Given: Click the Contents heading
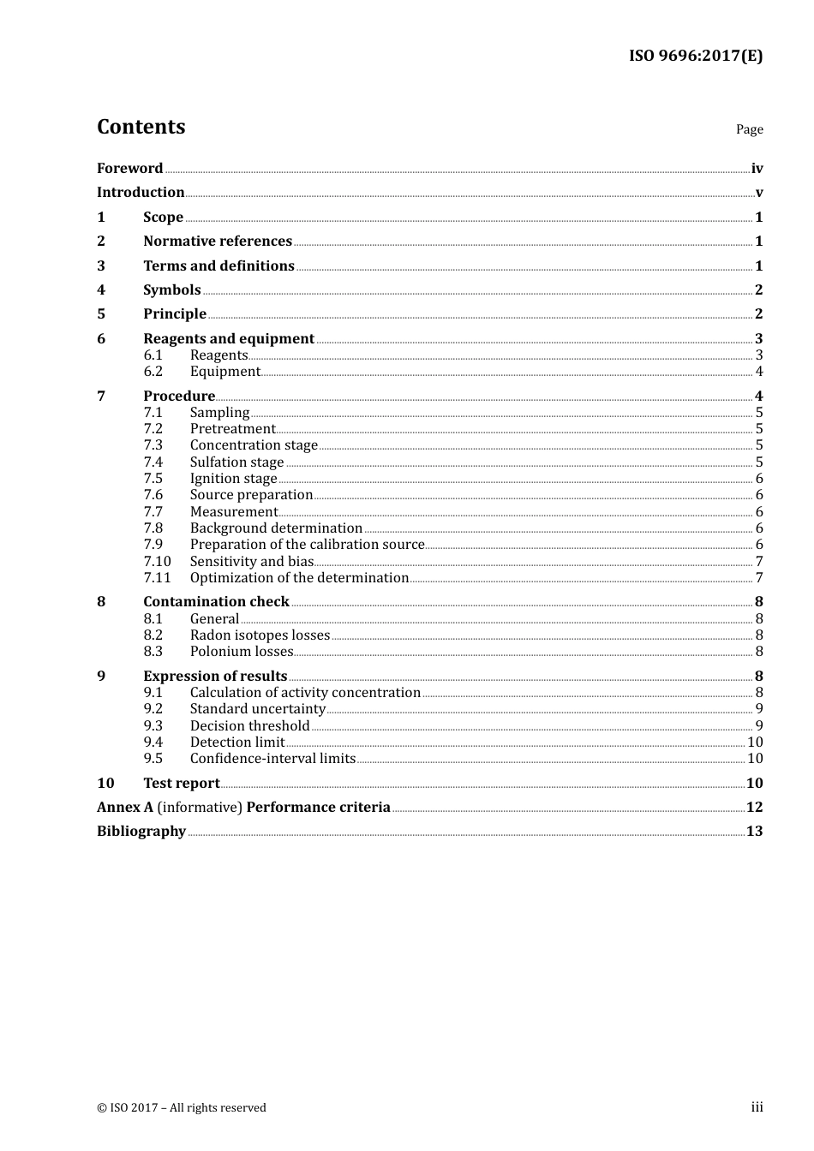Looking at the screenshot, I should tap(141, 127).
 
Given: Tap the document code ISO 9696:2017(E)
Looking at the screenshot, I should tap(695, 56).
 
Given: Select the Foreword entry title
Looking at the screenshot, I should tap(129, 168).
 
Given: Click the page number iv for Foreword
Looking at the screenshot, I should tap(757, 168).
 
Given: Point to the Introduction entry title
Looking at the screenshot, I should tap(141, 192).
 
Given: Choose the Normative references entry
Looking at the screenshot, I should tap(218, 241).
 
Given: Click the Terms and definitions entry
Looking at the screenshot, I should tap(218, 265).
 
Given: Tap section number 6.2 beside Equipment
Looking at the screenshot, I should tap(153, 371).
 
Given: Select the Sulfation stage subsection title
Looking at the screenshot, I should tap(236, 462).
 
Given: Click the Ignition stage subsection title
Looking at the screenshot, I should tap(233, 478).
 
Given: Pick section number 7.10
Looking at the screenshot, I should tap(157, 561).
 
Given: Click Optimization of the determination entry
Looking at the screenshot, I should tap(299, 577).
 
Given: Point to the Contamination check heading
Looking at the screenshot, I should tap(216, 601).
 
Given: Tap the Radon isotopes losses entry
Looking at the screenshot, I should tap(260, 635).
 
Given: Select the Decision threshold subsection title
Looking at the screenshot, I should tap(249, 725).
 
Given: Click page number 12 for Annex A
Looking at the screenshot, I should tap(754, 807).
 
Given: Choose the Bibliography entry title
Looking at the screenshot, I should tap(141, 831).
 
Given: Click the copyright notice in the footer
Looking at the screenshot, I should tap(182, 1107).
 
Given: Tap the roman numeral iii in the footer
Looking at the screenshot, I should tap(757, 1106).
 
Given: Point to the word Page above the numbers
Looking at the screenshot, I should tap(749, 129).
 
